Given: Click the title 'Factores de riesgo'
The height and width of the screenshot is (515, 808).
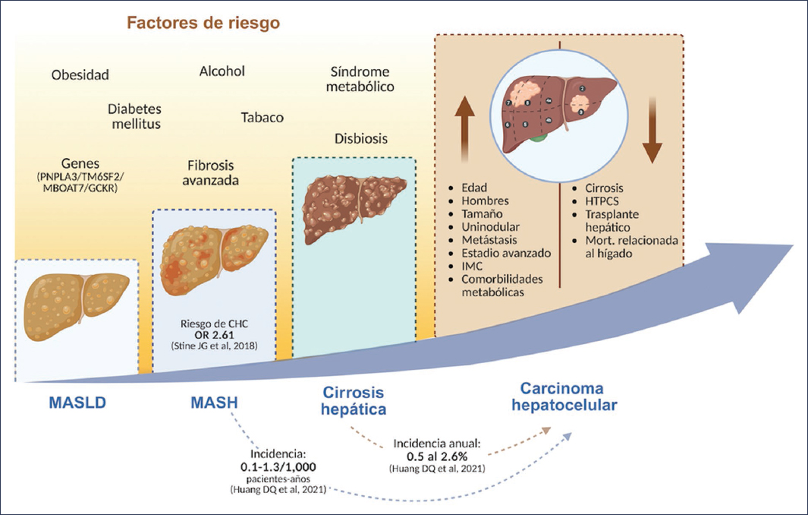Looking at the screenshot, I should click(203, 22).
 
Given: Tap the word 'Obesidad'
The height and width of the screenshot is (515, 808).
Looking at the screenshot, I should click(80, 74).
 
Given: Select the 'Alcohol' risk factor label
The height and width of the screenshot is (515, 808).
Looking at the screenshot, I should click(222, 71).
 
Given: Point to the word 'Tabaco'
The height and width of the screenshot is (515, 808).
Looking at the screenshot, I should click(262, 118).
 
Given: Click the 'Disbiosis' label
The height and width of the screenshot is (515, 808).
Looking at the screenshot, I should click(360, 139).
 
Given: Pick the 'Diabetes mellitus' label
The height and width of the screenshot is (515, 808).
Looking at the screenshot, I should click(134, 116).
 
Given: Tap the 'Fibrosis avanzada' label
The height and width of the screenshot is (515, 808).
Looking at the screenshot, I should click(213, 172).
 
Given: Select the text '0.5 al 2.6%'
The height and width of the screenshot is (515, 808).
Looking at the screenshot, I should click(430, 456).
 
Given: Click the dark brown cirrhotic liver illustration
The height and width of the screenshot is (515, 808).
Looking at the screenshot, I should click(353, 205).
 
